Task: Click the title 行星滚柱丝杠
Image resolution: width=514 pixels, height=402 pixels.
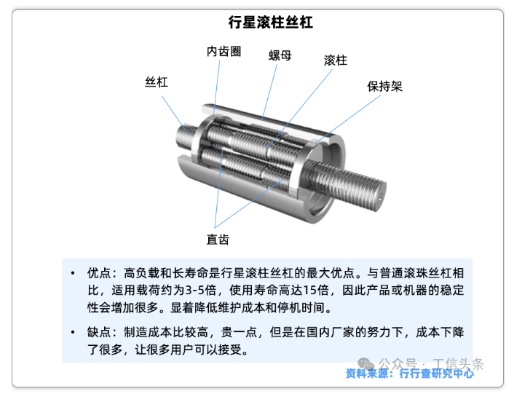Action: (270, 23)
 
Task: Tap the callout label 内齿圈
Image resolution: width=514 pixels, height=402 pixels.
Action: (224, 52)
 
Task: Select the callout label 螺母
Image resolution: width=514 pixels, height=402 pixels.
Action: (280, 55)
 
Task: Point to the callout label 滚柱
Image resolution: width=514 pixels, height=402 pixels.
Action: (336, 60)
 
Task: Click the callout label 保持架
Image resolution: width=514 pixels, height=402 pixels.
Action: (384, 86)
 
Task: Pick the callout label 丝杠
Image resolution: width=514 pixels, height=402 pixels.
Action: (157, 82)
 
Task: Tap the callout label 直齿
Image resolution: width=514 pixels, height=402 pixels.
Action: (218, 240)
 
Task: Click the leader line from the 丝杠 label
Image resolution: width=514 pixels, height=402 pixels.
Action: (175, 114)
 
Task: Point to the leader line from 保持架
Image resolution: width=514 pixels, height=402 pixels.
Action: (348, 119)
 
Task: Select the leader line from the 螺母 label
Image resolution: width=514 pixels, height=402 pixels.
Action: (269, 92)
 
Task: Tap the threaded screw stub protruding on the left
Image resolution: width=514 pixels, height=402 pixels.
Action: (187, 135)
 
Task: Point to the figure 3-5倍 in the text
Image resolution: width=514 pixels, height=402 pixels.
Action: (201, 290)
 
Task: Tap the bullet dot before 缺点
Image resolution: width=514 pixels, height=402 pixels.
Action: (73, 332)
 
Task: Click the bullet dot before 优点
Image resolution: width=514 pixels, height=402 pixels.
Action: (73, 273)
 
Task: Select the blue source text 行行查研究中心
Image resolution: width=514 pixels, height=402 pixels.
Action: (436, 373)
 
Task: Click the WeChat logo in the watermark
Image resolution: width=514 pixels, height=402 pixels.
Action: (365, 363)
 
